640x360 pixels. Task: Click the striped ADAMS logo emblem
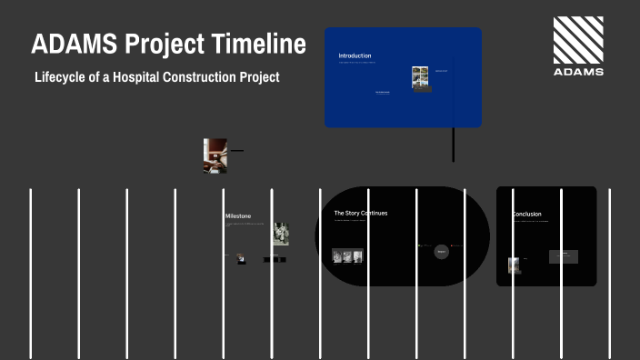click(578, 40)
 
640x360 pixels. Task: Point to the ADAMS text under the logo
click(578, 72)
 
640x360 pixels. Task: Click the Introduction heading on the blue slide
click(355, 55)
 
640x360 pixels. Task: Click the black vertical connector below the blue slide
click(454, 145)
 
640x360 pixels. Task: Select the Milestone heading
click(238, 215)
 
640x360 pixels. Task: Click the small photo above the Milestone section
click(215, 155)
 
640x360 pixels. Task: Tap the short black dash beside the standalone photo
click(237, 150)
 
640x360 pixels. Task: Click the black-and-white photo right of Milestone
click(281, 234)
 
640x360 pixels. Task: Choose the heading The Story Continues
click(360, 213)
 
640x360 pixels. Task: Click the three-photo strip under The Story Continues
click(347, 256)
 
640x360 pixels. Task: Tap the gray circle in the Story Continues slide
click(442, 251)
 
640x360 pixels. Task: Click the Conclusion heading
click(527, 214)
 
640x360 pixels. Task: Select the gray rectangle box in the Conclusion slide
click(564, 256)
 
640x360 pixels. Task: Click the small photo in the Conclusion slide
click(515, 265)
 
